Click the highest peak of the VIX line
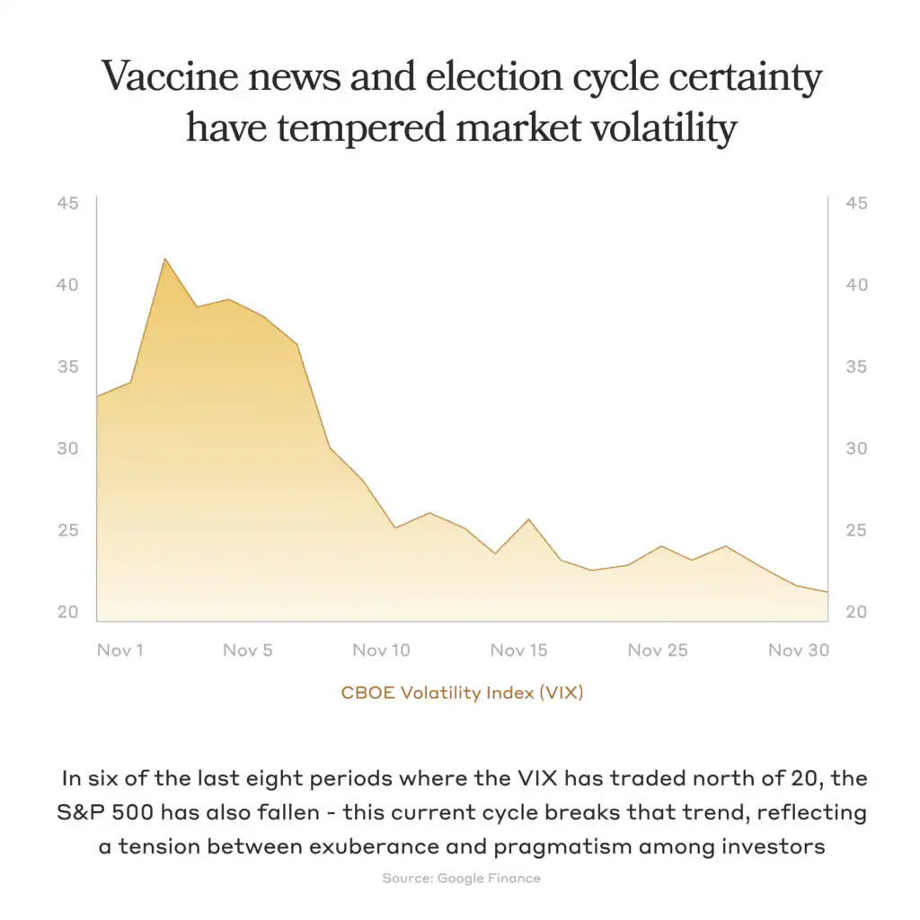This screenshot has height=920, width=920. tap(164, 259)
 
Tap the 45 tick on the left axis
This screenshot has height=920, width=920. tap(68, 203)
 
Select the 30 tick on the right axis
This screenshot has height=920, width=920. tap(856, 448)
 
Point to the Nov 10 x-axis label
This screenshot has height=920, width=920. tap(381, 650)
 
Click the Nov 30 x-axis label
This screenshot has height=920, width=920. tap(798, 650)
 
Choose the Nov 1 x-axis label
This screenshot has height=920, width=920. tap(119, 650)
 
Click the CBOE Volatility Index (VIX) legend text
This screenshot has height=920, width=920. tap(462, 693)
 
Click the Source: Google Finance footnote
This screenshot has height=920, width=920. tap(461, 878)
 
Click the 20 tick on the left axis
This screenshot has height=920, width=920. tap(68, 612)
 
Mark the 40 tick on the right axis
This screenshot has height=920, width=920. tap(856, 285)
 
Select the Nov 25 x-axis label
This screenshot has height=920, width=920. tap(658, 650)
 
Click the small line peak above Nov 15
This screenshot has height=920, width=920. tap(528, 519)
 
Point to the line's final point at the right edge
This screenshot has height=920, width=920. tap(826, 591)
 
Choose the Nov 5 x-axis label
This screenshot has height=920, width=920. tap(247, 650)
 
